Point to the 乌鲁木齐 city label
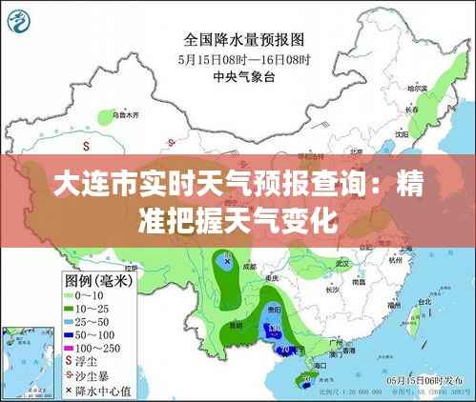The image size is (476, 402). [125, 114]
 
